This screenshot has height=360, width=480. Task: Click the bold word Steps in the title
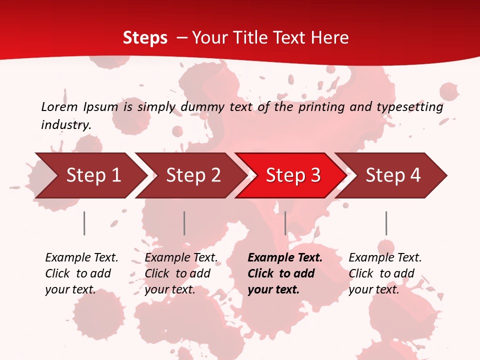(x=145, y=38)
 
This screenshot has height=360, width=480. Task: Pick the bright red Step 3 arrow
(x=293, y=175)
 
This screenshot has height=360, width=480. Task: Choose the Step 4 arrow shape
(x=393, y=175)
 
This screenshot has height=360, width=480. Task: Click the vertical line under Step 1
(x=84, y=223)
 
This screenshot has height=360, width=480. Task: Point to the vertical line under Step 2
(x=184, y=223)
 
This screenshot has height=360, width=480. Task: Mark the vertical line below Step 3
(x=285, y=223)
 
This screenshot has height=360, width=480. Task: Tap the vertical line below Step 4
(x=386, y=223)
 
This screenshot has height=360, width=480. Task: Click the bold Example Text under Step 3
(x=285, y=258)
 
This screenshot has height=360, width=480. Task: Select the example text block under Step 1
(x=81, y=273)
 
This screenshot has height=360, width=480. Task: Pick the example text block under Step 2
(x=181, y=273)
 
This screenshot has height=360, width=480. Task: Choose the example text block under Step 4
(x=385, y=273)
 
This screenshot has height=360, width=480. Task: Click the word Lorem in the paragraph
(x=59, y=107)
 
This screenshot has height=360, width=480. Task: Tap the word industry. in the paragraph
(x=66, y=125)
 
